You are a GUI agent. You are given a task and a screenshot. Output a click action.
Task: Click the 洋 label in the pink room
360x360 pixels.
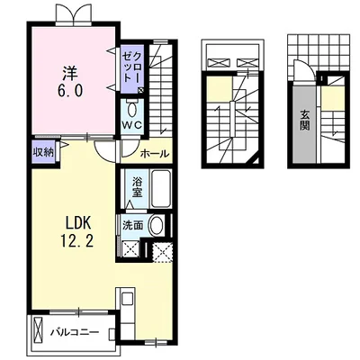coord(70,73)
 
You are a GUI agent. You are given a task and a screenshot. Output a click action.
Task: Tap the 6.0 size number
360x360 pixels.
coord(70,90)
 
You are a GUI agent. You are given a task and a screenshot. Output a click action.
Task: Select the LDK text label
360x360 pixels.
coord(77,223)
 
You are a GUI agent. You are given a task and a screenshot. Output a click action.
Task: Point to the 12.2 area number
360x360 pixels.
coord(77,240)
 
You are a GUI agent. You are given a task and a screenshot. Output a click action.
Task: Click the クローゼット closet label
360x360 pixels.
coord(132,67)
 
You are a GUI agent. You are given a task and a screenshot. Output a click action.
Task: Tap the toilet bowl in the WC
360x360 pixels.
coord(132,110)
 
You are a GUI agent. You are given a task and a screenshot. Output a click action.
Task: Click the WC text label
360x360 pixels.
coord(132,126)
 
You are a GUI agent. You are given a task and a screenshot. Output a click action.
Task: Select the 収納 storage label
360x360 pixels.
coord(43,153)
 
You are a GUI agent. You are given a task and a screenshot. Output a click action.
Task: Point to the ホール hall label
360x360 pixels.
coord(155,154)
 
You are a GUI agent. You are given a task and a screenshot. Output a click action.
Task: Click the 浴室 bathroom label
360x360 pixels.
coord(137,187)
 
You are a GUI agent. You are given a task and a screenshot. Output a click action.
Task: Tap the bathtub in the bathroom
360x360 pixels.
coord(161,189)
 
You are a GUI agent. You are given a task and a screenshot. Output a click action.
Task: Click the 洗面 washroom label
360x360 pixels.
coord(132,225)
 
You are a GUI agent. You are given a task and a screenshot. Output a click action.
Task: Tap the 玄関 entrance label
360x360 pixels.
coord(305,120)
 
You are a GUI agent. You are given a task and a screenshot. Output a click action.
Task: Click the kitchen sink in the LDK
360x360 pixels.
coord(126,298)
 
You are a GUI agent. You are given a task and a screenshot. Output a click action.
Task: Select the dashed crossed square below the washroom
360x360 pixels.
coord(162,252)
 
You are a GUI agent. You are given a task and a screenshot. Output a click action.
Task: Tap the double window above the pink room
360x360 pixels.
coord(73,13)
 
